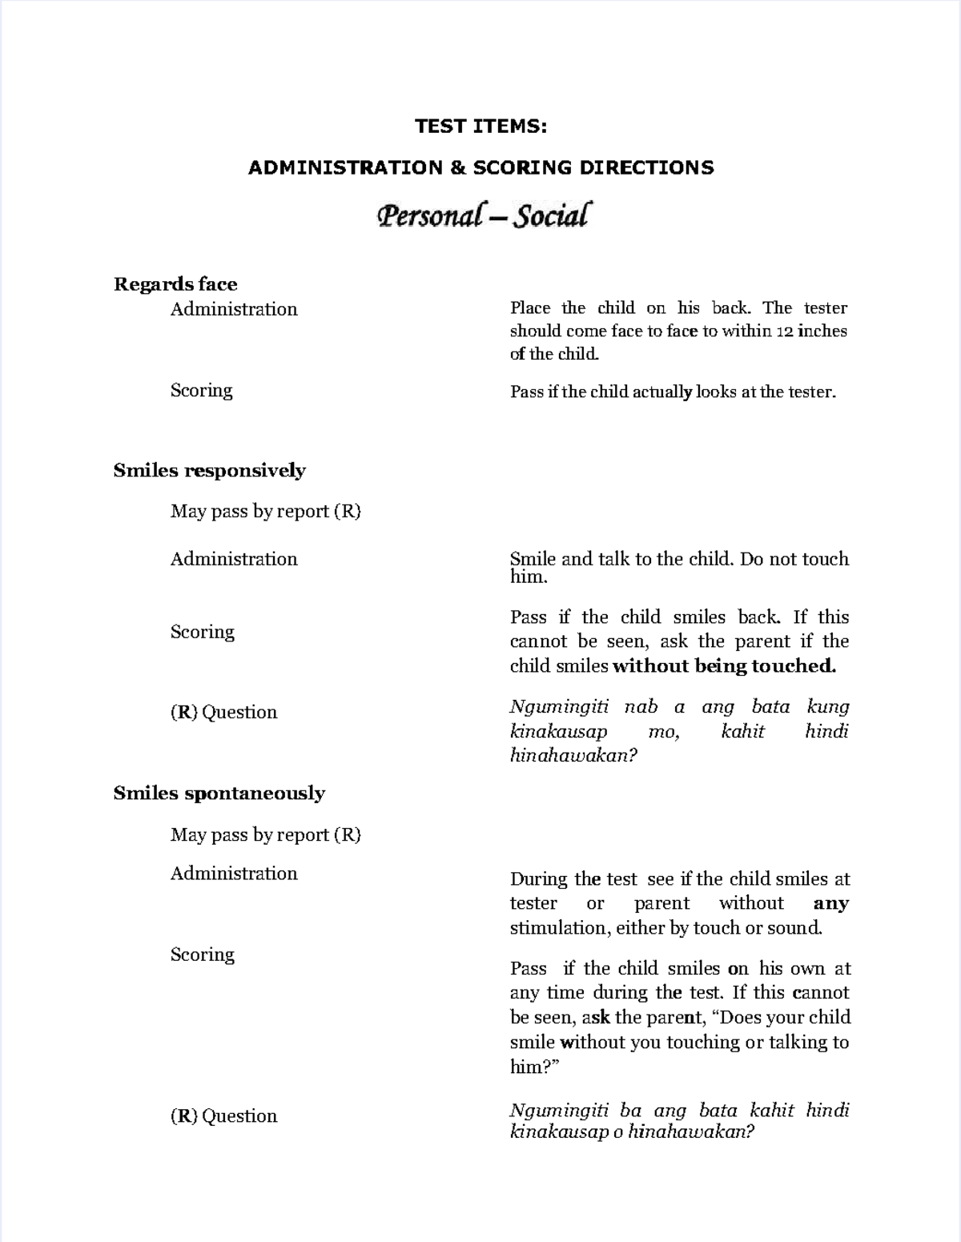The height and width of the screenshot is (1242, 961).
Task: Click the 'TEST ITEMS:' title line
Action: pos(480,126)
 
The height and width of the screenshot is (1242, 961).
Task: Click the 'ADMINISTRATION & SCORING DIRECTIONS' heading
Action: pos(480,167)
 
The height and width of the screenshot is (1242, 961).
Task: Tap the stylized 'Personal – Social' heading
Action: pos(484,216)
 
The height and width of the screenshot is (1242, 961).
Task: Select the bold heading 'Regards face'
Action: pos(175,284)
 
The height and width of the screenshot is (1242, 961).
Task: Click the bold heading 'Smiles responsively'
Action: pos(209,470)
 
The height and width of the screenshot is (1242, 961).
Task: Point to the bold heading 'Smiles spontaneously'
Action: pos(219,793)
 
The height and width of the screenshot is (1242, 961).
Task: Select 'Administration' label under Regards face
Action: pos(234,309)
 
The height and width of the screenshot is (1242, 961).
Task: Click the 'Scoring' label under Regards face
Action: pos(201,390)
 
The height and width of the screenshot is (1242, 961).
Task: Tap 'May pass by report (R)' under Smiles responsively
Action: pos(265,511)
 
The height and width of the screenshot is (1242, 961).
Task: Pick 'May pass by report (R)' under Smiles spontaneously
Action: pos(265,834)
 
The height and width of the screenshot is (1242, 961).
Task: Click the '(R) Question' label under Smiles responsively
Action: pos(223,712)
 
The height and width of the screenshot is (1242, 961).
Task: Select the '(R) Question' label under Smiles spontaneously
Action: pos(223,1115)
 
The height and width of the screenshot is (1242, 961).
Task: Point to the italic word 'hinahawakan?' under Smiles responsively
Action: pos(573,755)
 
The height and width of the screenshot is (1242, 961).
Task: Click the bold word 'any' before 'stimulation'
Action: pos(830,903)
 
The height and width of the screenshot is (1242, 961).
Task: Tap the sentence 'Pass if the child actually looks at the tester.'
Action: pos(673,392)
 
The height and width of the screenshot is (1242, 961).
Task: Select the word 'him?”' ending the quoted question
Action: pos(534,1067)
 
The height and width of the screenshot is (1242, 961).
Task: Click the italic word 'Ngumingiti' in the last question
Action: pos(559,1110)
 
